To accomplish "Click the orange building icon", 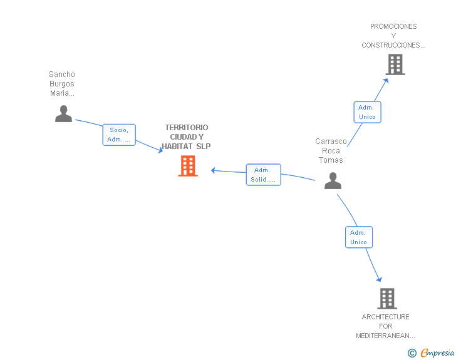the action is pyautogui.click(x=188, y=166).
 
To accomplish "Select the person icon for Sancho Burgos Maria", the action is pyautogui.click(x=63, y=114).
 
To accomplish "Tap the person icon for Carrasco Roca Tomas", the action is pyautogui.click(x=333, y=180).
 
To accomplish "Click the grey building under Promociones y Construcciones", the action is pyautogui.click(x=395, y=64).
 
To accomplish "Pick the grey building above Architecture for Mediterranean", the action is pyautogui.click(x=387, y=299).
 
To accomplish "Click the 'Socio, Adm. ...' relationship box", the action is pyautogui.click(x=119, y=135).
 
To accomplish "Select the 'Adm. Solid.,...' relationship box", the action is pyautogui.click(x=263, y=175).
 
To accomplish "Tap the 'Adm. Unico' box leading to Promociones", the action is pyautogui.click(x=367, y=112).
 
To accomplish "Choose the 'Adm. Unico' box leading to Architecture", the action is pyautogui.click(x=358, y=237).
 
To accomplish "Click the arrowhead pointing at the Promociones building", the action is pyautogui.click(x=386, y=81).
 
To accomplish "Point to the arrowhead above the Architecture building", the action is pyautogui.click(x=379, y=279).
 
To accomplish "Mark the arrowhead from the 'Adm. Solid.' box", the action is pyautogui.click(x=213, y=170).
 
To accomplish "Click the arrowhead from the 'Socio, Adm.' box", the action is pyautogui.click(x=160, y=150).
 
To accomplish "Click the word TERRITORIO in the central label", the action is pyautogui.click(x=187, y=127).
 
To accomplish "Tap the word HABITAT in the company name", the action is pyautogui.click(x=177, y=147).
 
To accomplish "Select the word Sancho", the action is pyautogui.click(x=62, y=75).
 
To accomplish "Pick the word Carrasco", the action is pyautogui.click(x=331, y=141).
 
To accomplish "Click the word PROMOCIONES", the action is pyautogui.click(x=393, y=26).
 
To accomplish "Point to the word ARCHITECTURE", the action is pyautogui.click(x=385, y=317).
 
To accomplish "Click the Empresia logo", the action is pyautogui.click(x=431, y=352).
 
